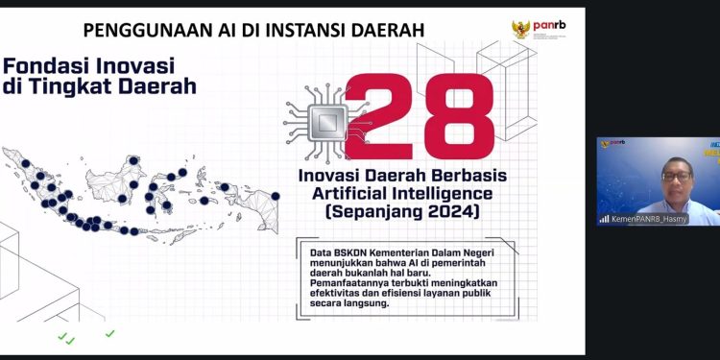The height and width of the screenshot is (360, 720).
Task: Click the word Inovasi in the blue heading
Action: point(132,66)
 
